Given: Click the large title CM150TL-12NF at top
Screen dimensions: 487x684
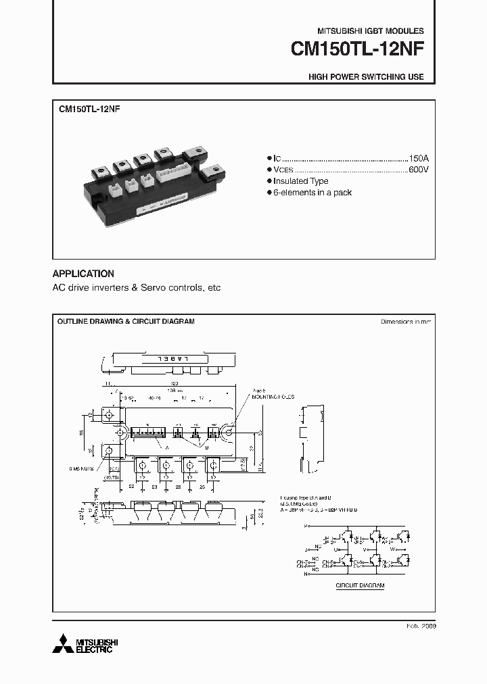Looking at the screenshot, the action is (357, 50).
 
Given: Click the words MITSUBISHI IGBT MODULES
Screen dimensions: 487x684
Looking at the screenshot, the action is (371, 31).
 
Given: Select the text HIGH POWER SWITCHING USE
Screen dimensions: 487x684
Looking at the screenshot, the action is (366, 77).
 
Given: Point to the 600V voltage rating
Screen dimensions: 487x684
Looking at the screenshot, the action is (418, 169).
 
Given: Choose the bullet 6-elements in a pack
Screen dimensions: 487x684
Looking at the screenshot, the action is (312, 193).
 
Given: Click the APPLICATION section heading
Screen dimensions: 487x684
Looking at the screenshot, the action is (83, 274).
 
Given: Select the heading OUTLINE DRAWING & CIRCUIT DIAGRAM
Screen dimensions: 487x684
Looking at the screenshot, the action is (126, 322).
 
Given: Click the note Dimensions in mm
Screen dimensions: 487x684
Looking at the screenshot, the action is (406, 322).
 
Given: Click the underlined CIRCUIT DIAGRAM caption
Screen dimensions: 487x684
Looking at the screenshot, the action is (360, 585).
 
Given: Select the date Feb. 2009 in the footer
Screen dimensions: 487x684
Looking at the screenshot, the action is (421, 627).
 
